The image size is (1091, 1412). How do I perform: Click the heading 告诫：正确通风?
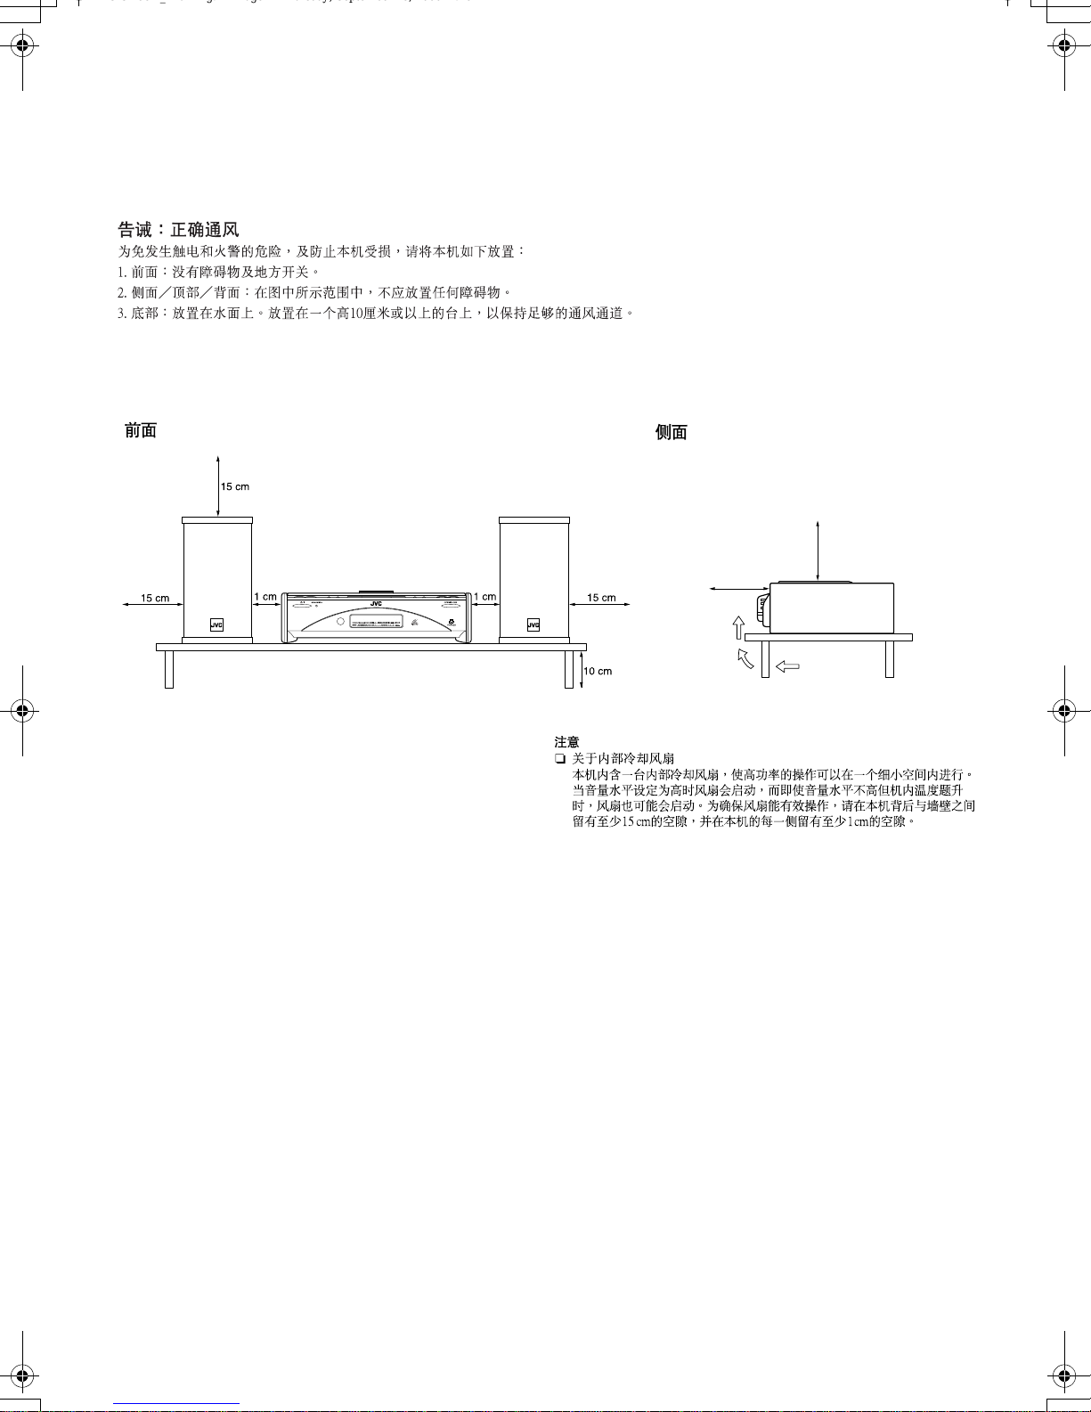click(178, 231)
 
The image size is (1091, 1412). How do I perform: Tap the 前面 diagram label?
click(141, 431)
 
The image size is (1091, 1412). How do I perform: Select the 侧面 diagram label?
click(672, 433)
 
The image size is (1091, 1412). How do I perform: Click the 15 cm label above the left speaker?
click(235, 486)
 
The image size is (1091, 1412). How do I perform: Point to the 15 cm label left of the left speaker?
click(155, 598)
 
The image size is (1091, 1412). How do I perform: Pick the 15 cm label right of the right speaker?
click(601, 598)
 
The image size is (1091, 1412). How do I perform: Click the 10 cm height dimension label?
click(598, 671)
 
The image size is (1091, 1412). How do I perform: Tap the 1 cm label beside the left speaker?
click(265, 597)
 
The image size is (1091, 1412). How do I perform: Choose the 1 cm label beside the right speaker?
click(484, 597)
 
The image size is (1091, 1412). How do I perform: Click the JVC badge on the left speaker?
click(216, 625)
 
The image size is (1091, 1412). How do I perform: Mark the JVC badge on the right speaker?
click(533, 625)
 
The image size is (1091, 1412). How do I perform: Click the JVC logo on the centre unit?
click(376, 604)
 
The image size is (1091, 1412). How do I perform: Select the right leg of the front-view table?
click(569, 669)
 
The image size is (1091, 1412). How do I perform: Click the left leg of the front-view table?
click(169, 669)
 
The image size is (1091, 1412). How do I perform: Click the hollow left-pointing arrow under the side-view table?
click(787, 665)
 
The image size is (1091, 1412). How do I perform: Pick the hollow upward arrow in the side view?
click(738, 627)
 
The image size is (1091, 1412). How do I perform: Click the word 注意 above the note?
click(566, 741)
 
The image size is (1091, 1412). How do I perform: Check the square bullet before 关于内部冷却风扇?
click(559, 759)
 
